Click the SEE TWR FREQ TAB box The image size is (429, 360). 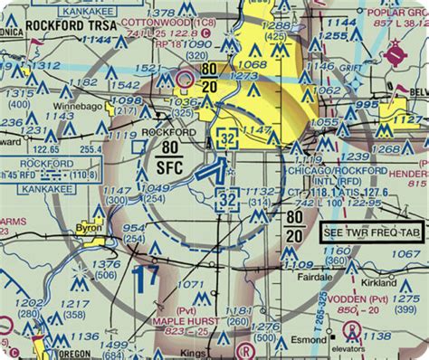tap(371, 233)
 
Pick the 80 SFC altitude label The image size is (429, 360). tap(167, 155)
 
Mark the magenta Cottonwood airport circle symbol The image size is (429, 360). tap(186, 80)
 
